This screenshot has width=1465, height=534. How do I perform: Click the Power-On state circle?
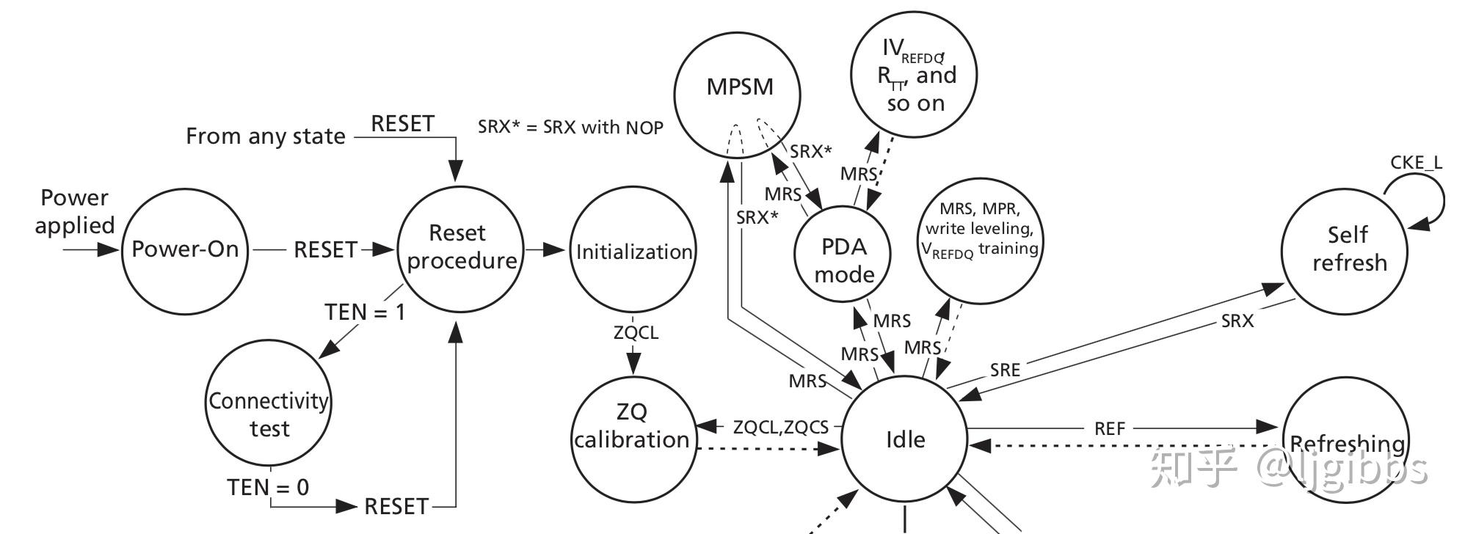click(x=184, y=250)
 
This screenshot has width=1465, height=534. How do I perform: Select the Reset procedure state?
click(x=460, y=248)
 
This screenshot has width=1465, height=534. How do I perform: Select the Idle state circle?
click(x=904, y=439)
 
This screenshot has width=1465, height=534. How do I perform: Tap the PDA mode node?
click(x=843, y=260)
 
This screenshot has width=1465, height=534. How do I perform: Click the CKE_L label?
click(x=1415, y=163)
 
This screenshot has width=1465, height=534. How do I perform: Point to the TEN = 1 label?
click(x=365, y=312)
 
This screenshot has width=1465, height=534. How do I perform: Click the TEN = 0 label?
click(x=268, y=487)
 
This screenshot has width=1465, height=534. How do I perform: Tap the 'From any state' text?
click(x=265, y=136)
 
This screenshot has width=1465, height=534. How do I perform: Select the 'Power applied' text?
click(x=74, y=211)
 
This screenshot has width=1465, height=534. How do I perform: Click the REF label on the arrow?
click(x=1109, y=428)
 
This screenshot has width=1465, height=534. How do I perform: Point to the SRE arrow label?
click(x=1004, y=370)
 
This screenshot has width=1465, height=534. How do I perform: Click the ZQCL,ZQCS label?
click(x=780, y=428)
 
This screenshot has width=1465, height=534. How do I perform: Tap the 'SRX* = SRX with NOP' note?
click(x=570, y=127)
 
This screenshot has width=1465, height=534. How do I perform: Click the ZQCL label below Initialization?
click(x=636, y=332)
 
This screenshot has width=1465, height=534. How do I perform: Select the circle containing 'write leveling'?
click(x=980, y=229)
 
